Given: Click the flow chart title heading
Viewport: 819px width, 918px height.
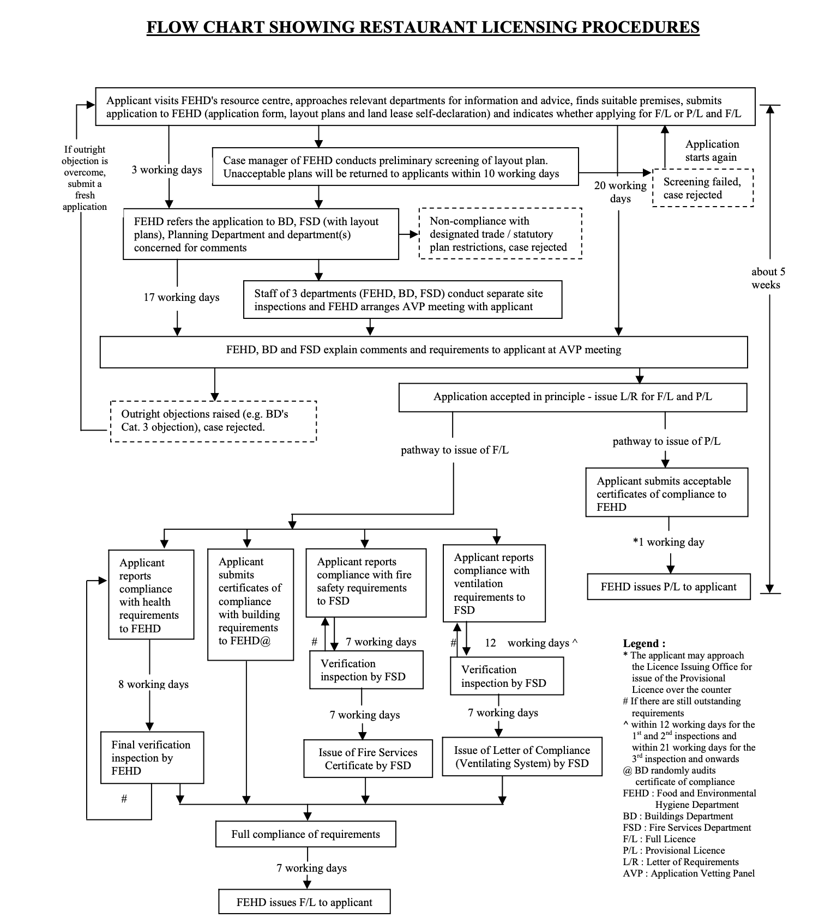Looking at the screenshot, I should [x=423, y=27].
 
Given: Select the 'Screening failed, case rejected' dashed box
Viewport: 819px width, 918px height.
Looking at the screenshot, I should [x=702, y=188].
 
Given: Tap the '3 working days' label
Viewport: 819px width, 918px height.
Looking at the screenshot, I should [x=166, y=170].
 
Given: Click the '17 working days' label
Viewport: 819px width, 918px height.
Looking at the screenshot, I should [x=181, y=298].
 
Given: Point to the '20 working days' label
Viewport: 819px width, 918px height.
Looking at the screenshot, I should [x=621, y=192].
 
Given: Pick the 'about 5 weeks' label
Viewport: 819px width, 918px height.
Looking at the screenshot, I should [x=768, y=278].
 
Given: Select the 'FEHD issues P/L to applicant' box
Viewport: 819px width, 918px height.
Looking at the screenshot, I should [x=669, y=587].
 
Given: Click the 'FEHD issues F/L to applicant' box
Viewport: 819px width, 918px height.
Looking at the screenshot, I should [x=304, y=902].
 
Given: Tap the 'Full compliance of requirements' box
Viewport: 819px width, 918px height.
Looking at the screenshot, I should [x=305, y=834].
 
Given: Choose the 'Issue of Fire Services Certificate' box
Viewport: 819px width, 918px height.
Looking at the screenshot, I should [x=368, y=759].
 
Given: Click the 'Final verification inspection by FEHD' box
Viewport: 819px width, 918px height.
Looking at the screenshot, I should [x=152, y=758].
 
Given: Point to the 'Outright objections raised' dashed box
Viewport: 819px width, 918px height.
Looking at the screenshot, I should [x=213, y=421].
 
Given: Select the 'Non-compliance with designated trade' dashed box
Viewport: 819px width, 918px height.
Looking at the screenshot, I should [x=499, y=234].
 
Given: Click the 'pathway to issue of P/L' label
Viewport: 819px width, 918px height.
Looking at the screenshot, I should [x=666, y=442].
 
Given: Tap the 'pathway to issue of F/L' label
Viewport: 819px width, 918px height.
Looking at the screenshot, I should [x=454, y=450].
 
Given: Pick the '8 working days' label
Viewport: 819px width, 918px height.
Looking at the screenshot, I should [x=153, y=685].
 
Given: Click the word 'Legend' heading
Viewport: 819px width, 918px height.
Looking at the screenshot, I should [x=644, y=643].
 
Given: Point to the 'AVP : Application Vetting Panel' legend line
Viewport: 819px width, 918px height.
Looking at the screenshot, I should [x=689, y=873].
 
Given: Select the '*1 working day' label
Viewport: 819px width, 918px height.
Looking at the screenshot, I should [x=669, y=542].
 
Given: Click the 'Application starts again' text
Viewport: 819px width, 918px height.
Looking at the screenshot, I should [x=712, y=150].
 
